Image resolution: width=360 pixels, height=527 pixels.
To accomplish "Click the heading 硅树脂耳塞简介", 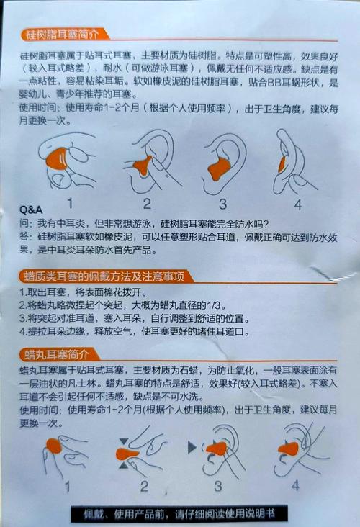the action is pos(63,35).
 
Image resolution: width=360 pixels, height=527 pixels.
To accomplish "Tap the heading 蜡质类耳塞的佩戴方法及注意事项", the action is pos(104,276).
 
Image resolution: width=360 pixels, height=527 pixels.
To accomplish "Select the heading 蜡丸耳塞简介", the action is pos(57,355).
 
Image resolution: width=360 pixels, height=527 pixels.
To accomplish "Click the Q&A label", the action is pos(31,210).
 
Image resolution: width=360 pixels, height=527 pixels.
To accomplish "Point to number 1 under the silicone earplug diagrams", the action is pos(70,203).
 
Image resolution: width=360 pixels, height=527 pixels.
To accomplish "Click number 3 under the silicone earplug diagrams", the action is pos(222,204).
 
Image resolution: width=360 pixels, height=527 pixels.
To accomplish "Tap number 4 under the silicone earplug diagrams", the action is pos(298,204).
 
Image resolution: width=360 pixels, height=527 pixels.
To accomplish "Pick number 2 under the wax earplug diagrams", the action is pos(145,487).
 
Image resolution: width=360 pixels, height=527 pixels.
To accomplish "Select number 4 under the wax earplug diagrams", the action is pos(295,485).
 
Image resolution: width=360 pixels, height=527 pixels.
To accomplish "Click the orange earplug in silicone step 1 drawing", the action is pos(56,158).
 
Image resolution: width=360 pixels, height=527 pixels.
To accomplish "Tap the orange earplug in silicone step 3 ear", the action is pos(219,169).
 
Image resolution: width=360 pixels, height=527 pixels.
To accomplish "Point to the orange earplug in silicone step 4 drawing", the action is pos(282,164).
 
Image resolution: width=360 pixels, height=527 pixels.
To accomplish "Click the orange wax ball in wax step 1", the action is pos(54,446).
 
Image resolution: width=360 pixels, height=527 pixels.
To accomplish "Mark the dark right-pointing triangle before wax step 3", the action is pos(192,447).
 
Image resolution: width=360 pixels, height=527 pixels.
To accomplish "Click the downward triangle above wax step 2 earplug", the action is pos(124,441).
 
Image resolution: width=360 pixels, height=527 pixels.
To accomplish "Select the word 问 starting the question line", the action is pos(24,224).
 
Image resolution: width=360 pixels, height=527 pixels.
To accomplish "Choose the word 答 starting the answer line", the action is pos(24,237).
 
